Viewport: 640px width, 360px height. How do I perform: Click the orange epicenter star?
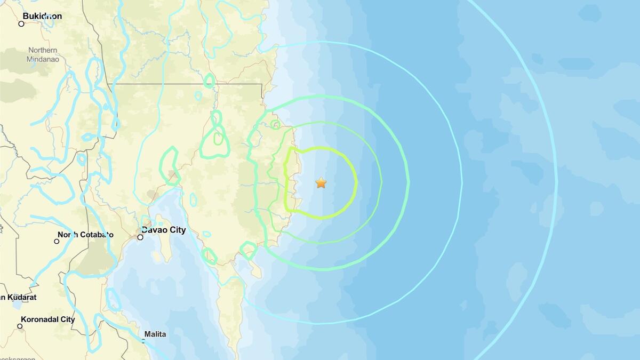[x=321, y=183]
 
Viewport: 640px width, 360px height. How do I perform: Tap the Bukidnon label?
[x=42, y=16]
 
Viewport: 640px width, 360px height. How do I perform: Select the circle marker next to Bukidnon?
[x=21, y=23]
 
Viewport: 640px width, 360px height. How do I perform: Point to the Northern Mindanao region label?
[x=43, y=54]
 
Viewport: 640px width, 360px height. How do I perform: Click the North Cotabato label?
[x=85, y=234]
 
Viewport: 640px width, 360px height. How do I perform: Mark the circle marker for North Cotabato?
[x=57, y=241]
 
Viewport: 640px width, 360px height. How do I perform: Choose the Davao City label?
[x=163, y=230]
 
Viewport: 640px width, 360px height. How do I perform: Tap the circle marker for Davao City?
[x=140, y=237]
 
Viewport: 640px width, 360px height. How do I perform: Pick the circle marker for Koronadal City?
[x=20, y=326]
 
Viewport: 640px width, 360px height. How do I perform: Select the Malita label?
[x=155, y=334]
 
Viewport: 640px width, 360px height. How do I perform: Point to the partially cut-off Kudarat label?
[x=18, y=297]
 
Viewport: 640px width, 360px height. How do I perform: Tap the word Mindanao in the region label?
[x=43, y=59]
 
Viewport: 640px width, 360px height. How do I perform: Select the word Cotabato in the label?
[x=96, y=234]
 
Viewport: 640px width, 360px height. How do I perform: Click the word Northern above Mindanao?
[x=43, y=50]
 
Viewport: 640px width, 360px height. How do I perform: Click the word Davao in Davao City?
[x=152, y=230]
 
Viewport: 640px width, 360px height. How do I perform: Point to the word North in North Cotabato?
[x=67, y=234]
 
